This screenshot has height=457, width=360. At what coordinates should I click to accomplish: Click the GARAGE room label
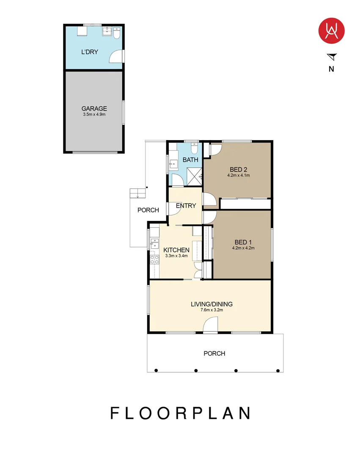[94, 108]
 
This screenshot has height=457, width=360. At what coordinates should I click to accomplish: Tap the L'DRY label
[89, 52]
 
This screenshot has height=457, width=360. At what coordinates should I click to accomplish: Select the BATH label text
[190, 160]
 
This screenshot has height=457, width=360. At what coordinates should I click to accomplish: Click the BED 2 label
[238, 169]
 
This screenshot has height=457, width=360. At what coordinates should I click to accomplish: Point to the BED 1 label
[243, 242]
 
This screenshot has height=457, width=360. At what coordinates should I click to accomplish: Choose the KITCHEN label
[176, 250]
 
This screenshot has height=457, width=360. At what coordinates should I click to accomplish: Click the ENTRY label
[186, 206]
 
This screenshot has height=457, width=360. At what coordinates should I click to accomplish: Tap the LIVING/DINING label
[212, 304]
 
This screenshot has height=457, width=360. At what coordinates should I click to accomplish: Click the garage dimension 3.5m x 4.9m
[94, 115]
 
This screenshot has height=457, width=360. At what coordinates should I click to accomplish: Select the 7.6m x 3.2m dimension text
[212, 310]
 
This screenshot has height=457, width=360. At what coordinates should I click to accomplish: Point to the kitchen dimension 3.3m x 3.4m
[176, 256]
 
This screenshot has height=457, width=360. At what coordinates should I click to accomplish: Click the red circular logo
[332, 30]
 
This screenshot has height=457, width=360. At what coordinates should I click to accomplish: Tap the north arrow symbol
[333, 57]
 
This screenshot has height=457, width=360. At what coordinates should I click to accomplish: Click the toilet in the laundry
[116, 33]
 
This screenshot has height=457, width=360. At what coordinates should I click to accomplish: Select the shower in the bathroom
[194, 176]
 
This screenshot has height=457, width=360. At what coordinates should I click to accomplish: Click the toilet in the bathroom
[194, 148]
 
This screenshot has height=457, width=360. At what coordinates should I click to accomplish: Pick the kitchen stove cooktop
[154, 260]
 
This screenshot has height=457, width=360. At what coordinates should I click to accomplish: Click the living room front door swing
[210, 324]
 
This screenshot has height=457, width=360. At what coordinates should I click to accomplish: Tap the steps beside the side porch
[137, 193]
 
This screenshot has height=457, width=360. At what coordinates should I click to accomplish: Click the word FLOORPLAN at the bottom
[180, 413]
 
